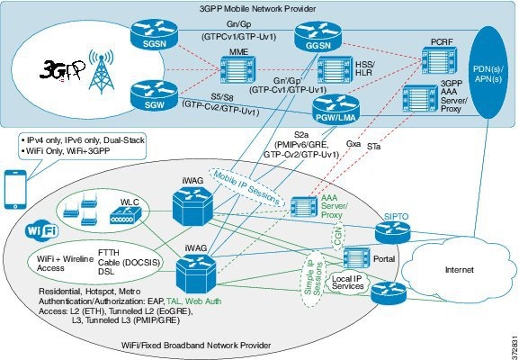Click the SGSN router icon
pyautogui.click(x=154, y=34)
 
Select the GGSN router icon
pyautogui.click(x=318, y=36)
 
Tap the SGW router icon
pyautogui.click(x=154, y=95)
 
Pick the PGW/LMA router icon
pyautogui.click(x=336, y=110)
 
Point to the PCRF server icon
pyautogui.click(x=439, y=60)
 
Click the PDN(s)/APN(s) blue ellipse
pyautogui.click(x=488, y=73)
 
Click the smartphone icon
pyautogui.click(x=15, y=189)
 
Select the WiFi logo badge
pyautogui.click(x=42, y=229)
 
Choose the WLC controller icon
pyautogui.click(x=126, y=215)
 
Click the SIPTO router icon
pyautogui.click(x=392, y=231)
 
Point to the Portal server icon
pyautogui.click(x=356, y=258)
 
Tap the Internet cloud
pyautogui.click(x=458, y=269)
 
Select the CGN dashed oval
pyautogui.click(x=338, y=237)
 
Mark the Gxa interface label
pyautogui.click(x=353, y=144)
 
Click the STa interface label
pyautogui.click(x=373, y=146)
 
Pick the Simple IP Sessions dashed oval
pyautogui.click(x=313, y=278)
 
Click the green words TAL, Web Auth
pyautogui.click(x=194, y=301)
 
